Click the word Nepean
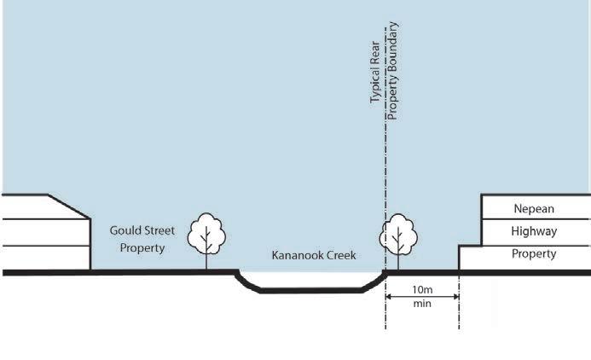[x=534, y=208]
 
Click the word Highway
[x=534, y=231]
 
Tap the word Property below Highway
[x=534, y=254]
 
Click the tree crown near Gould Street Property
[x=206, y=230]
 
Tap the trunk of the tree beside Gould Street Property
[x=206, y=260]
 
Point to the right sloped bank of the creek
[x=374, y=282]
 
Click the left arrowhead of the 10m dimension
[x=389, y=296]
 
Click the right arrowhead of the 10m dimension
[x=455, y=296]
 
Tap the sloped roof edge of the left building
[x=70, y=206]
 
